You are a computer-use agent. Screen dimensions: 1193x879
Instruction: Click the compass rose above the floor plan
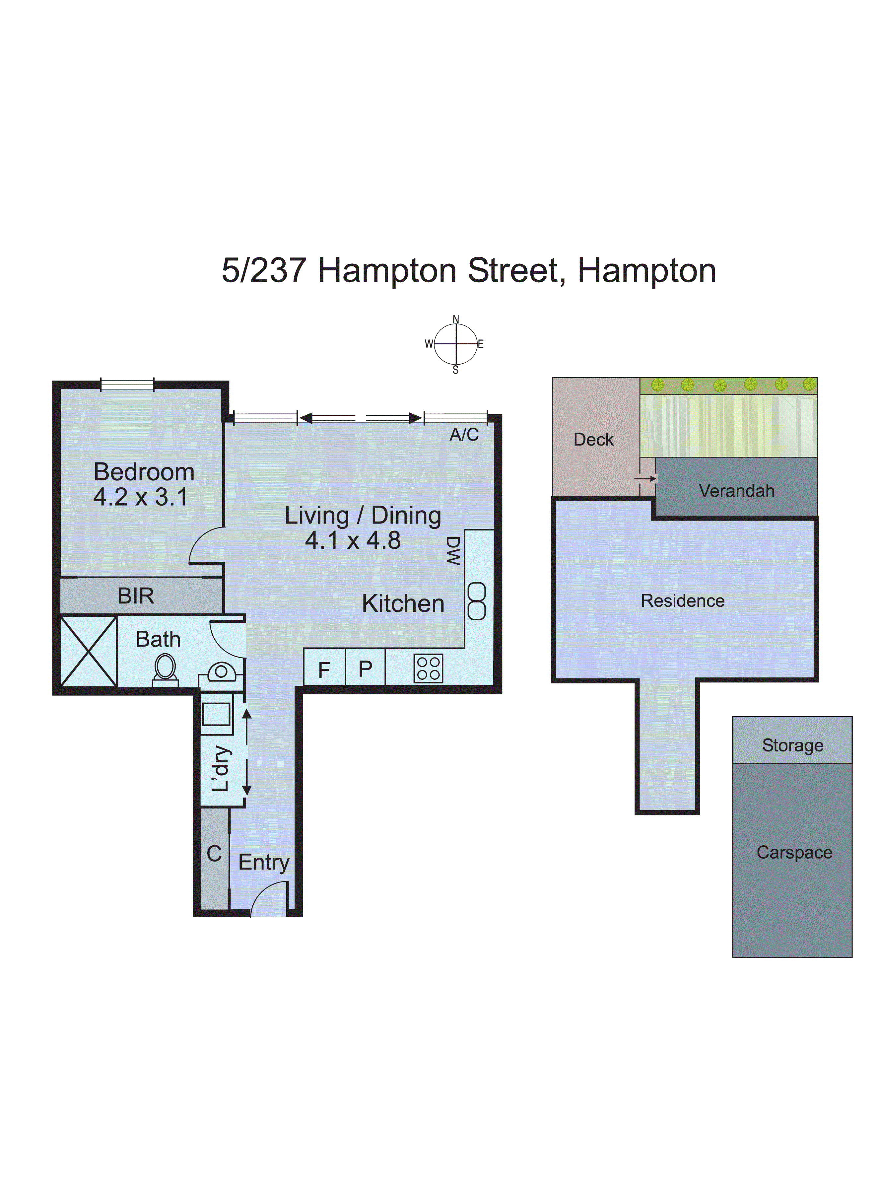point(455,344)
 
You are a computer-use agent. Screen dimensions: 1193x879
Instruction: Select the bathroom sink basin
point(221,671)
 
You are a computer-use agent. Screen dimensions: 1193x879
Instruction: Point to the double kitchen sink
point(476,601)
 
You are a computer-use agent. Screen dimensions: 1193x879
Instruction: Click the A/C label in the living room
point(464,435)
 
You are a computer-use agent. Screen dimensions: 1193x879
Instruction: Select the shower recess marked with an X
point(88,650)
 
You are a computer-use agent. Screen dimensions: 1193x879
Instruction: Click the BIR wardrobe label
point(136,596)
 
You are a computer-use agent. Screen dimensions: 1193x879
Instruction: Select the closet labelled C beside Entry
point(214,854)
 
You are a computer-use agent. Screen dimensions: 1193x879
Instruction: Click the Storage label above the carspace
point(792,745)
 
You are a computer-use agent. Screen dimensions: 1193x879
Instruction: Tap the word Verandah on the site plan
point(736,491)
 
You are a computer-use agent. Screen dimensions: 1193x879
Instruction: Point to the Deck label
point(593,440)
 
